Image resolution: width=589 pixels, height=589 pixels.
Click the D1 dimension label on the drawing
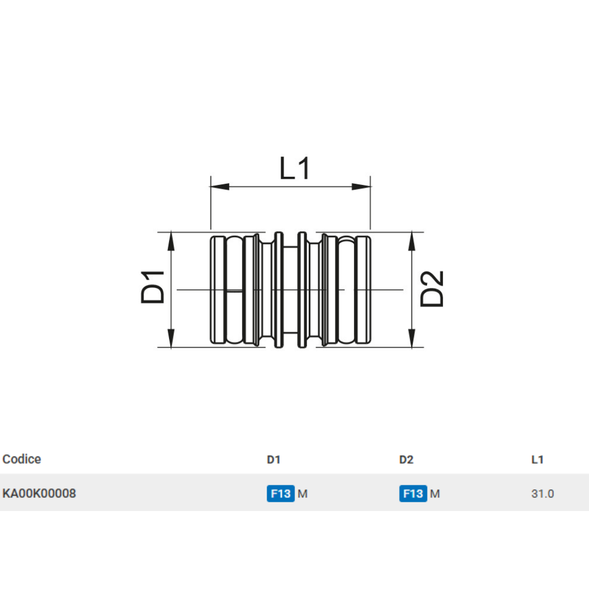[153, 287]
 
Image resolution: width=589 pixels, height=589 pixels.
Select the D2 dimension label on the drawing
[432, 289]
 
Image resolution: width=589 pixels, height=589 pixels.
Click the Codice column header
[22, 459]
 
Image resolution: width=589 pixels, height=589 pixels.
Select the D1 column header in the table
[273, 460]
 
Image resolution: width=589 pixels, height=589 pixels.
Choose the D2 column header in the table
[406, 460]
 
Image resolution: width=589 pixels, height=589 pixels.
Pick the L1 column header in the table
[537, 460]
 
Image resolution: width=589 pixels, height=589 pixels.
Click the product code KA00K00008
[39, 494]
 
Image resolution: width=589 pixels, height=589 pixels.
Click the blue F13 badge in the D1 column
[280, 494]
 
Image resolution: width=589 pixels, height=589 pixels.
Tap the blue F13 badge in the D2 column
[413, 494]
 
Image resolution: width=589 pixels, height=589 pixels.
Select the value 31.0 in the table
[542, 494]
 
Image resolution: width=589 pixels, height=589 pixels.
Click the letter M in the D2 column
[435, 494]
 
